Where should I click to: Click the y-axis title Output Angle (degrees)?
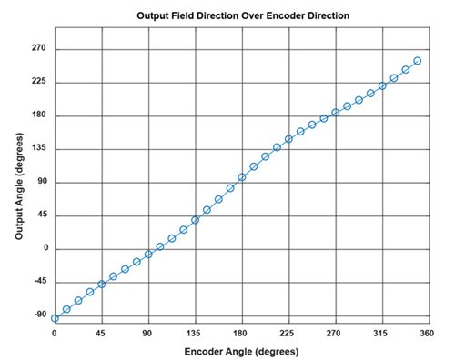19,181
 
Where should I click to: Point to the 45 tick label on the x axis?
101,333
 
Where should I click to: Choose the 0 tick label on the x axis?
55,333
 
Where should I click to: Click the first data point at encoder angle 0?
55,318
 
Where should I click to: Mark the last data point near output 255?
417,61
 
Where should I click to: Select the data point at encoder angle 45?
101,284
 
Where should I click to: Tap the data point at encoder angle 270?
335,113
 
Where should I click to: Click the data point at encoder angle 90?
148,254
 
